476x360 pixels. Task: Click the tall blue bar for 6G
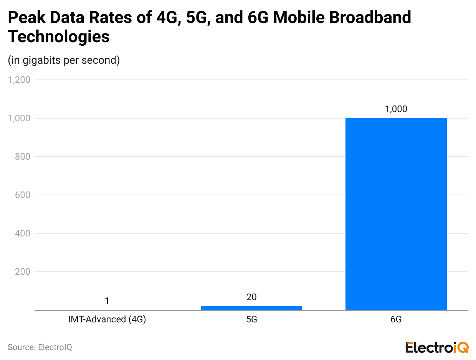pos(396,214)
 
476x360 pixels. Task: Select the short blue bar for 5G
pos(251,308)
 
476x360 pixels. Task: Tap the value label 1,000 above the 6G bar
pos(396,109)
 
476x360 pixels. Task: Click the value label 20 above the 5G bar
pos(251,297)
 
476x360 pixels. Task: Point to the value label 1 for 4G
pos(107,301)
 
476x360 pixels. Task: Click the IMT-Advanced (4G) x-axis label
pos(107,319)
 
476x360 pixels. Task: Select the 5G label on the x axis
pos(251,319)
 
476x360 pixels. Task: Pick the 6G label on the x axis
pos(396,319)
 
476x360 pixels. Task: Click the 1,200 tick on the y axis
pos(19,80)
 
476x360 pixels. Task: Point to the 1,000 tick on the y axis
pos(19,118)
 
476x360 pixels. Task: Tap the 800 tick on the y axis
pos(23,157)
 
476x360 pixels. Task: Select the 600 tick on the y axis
pos(23,195)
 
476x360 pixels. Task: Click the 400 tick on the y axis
pos(23,233)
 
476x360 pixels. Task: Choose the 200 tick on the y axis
pos(23,272)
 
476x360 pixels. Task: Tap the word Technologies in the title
pos(59,37)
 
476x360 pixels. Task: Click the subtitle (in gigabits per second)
pos(64,60)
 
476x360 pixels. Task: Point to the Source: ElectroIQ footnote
pos(40,347)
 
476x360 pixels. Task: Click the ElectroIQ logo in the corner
pos(437,347)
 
